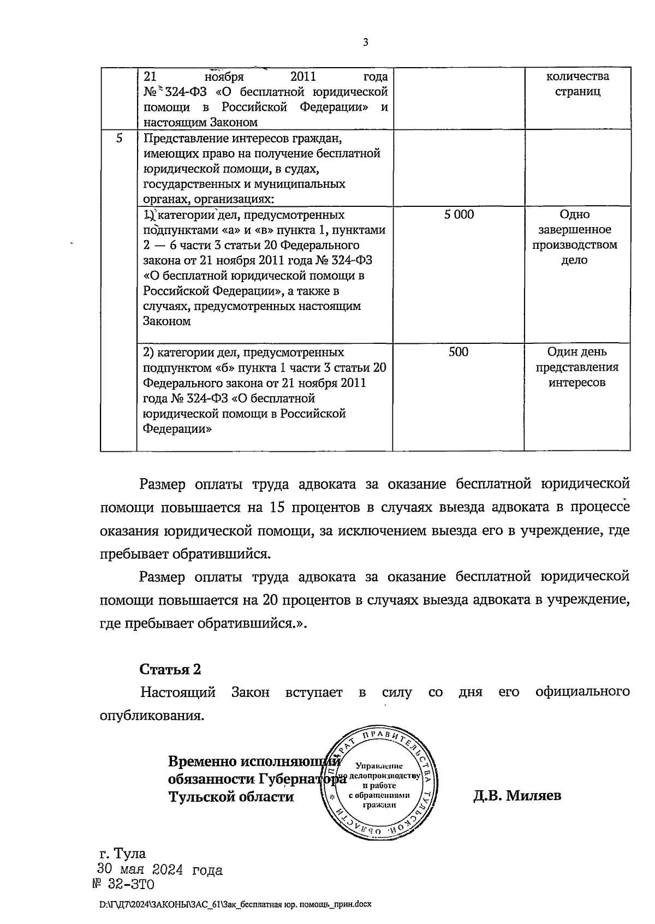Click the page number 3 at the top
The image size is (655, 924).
click(x=365, y=43)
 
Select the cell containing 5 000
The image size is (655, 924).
click(x=458, y=214)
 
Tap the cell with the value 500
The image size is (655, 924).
click(x=458, y=352)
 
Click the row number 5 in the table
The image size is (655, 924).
click(x=119, y=138)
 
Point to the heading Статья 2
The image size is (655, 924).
click(x=171, y=669)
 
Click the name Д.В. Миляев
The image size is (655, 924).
click(x=517, y=796)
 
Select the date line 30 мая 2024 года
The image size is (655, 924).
click(x=160, y=870)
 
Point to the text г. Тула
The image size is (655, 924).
click(x=123, y=854)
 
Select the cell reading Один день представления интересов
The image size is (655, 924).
click(x=577, y=367)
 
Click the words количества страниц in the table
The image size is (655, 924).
click(x=577, y=84)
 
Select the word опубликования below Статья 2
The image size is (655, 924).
click(x=152, y=716)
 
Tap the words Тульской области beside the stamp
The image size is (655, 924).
click(x=231, y=796)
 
